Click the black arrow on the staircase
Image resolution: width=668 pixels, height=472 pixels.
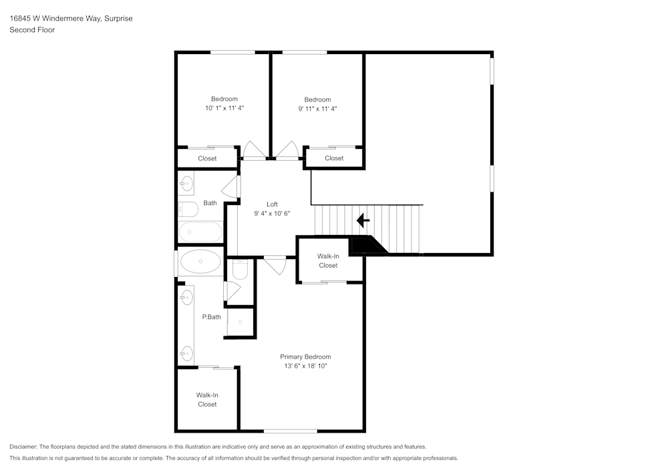(363, 220)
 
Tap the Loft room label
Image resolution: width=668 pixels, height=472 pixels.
(273, 204)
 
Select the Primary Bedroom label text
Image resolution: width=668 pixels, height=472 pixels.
(305, 357)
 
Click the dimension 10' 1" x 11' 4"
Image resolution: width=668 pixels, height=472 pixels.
(224, 108)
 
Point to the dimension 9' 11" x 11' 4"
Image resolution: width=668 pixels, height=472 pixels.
(317, 109)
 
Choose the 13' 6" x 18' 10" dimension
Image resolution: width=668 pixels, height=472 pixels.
(305, 366)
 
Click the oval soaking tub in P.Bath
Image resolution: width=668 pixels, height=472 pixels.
(200, 261)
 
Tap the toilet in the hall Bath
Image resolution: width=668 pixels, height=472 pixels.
(188, 209)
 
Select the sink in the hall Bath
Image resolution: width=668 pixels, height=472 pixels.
(186, 184)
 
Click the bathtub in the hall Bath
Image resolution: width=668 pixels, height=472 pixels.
(200, 232)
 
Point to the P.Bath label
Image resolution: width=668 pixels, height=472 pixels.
(211, 316)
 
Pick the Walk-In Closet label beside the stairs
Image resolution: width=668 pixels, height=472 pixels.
(328, 260)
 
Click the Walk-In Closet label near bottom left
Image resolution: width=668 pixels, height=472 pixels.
(207, 400)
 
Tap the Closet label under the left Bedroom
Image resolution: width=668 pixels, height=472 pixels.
(207, 158)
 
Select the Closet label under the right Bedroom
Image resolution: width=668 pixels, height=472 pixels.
(334, 158)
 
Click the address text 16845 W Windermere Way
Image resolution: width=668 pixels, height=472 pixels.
(55, 18)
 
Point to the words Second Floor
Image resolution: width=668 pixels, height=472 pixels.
(32, 30)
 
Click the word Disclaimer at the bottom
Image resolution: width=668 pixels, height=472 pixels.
(23, 447)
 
